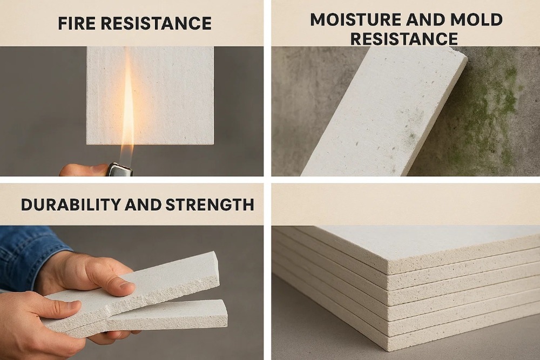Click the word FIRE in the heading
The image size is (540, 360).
(x=77, y=23)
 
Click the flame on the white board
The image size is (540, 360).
(x=128, y=108)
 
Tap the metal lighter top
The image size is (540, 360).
(x=120, y=169)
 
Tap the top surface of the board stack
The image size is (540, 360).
(x=432, y=243)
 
